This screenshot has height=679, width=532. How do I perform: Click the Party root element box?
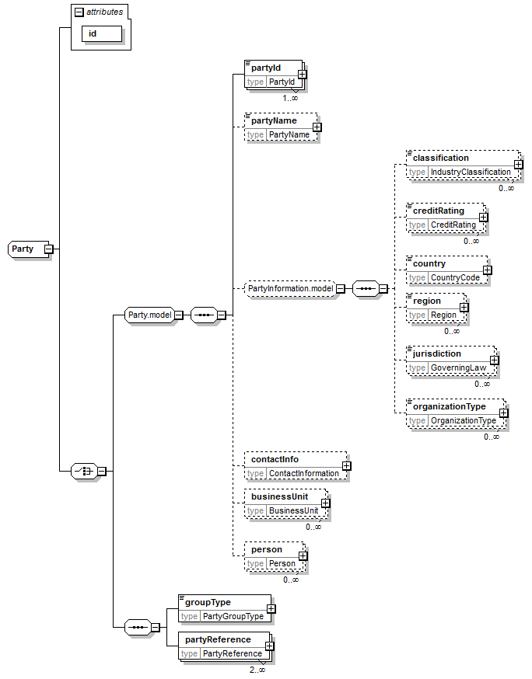pyautogui.click(x=23, y=249)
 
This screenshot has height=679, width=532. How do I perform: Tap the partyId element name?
pyautogui.click(x=266, y=68)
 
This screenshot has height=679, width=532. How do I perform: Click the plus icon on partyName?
pyautogui.click(x=317, y=127)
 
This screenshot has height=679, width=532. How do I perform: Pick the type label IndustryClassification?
pyautogui.click(x=471, y=172)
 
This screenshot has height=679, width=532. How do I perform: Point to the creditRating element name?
pyautogui.click(x=438, y=211)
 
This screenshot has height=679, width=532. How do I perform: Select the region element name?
pyautogui.click(x=427, y=301)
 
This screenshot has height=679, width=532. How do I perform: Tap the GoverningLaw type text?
pyautogui.click(x=457, y=367)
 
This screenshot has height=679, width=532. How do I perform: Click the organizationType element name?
pyautogui.click(x=449, y=406)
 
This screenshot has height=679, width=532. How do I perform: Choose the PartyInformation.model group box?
pyautogui.click(x=290, y=288)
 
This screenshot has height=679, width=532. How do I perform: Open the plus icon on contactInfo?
pyautogui.click(x=346, y=466)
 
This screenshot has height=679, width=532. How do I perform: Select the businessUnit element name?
pyautogui.click(x=279, y=496)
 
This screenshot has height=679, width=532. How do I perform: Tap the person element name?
pyautogui.click(x=267, y=549)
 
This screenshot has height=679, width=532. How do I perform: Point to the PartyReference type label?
pyautogui.click(x=231, y=653)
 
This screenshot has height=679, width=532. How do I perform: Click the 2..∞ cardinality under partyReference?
pyautogui.click(x=257, y=670)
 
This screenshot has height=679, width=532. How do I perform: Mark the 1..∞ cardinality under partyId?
pyautogui.click(x=290, y=98)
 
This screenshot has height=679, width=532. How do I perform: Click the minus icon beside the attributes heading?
pyautogui.click(x=79, y=12)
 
